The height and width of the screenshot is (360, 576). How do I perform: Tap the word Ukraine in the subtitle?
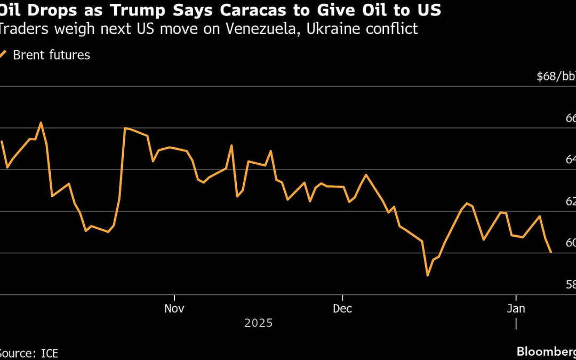click(348, 29)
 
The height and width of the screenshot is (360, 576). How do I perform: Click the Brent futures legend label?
click(51, 54)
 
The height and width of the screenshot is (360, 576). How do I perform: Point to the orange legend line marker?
click(4, 54)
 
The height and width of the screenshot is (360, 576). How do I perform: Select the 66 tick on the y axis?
click(570, 118)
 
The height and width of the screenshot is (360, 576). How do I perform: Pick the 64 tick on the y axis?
click(570, 160)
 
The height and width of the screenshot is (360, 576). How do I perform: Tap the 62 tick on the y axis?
click(570, 202)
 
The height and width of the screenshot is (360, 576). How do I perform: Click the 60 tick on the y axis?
click(570, 243)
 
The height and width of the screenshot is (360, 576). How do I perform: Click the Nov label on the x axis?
click(174, 308)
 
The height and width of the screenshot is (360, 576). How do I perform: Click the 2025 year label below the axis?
click(258, 323)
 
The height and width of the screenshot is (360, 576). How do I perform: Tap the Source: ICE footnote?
click(29, 353)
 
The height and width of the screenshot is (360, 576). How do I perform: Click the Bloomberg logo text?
click(546, 351)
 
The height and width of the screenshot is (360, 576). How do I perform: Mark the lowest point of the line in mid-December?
click(427, 275)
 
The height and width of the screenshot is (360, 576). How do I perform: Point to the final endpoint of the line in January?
click(551, 252)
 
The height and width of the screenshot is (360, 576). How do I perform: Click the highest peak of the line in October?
click(41, 123)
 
